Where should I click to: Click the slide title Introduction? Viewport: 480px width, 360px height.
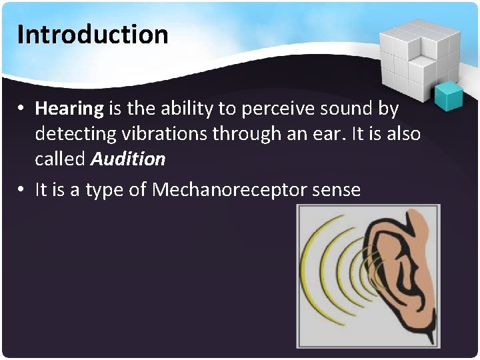click(x=93, y=34)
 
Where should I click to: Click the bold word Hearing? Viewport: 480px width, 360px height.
click(x=69, y=108)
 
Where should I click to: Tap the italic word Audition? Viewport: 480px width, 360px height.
click(x=128, y=159)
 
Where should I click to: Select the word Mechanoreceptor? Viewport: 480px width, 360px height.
click(x=229, y=190)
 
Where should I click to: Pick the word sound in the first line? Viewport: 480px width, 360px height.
click(x=341, y=108)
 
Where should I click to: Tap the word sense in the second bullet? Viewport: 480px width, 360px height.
click(x=336, y=191)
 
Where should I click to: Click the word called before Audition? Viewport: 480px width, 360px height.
click(x=60, y=159)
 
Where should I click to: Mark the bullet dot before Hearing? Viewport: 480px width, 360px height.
click(x=22, y=109)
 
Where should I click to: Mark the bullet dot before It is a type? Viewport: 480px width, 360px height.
click(x=22, y=191)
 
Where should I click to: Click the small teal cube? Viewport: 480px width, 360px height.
click(x=448, y=96)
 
